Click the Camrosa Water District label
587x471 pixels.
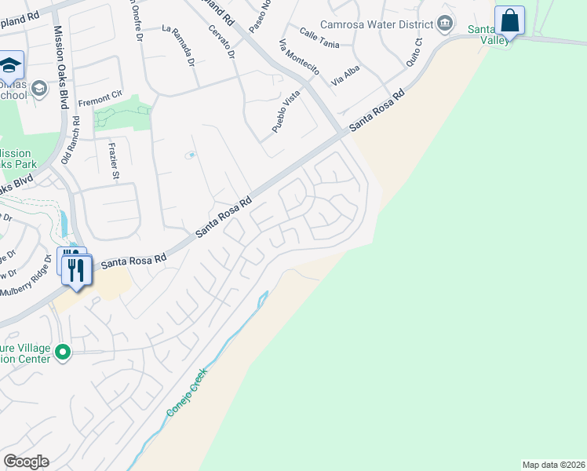tap(377, 24)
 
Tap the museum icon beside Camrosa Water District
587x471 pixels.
tap(445, 23)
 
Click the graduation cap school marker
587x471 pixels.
tap(10, 64)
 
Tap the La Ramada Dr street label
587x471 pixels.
tap(177, 46)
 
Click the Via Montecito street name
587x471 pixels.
tap(298, 57)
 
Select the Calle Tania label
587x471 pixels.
tap(319, 38)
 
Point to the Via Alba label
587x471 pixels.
tap(346, 75)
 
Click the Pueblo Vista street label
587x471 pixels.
tap(286, 111)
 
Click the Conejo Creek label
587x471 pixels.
tap(186, 394)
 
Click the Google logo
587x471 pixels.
tap(26, 462)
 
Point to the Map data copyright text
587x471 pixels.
tap(553, 465)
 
